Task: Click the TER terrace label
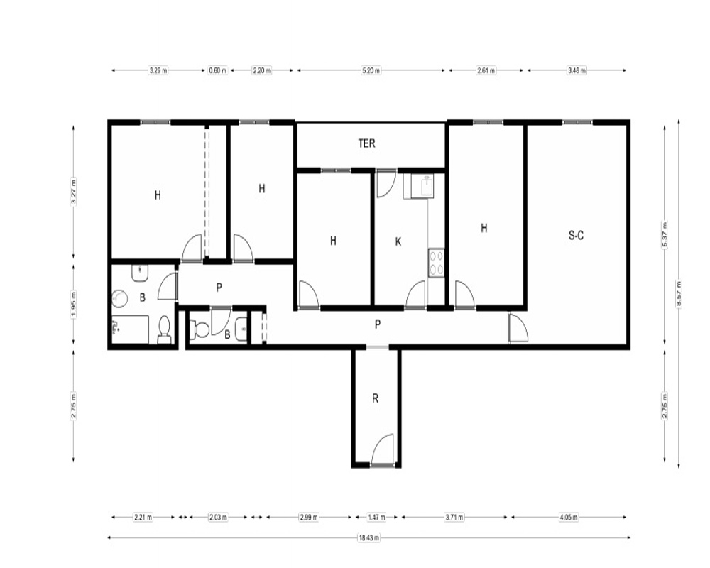(366, 143)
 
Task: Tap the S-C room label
(576, 236)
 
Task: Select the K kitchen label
(398, 242)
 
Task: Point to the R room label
(375, 398)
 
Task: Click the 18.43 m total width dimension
(369, 538)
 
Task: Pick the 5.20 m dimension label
(371, 70)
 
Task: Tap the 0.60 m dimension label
(218, 70)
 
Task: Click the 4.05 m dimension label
(569, 518)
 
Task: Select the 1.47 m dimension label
(376, 518)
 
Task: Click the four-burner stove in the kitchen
(437, 263)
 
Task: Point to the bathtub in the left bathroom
(131, 329)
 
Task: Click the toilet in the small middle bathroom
(199, 329)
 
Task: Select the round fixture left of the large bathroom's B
(120, 298)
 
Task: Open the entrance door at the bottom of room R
(382, 449)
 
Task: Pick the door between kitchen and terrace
(386, 183)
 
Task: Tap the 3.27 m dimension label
(74, 191)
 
